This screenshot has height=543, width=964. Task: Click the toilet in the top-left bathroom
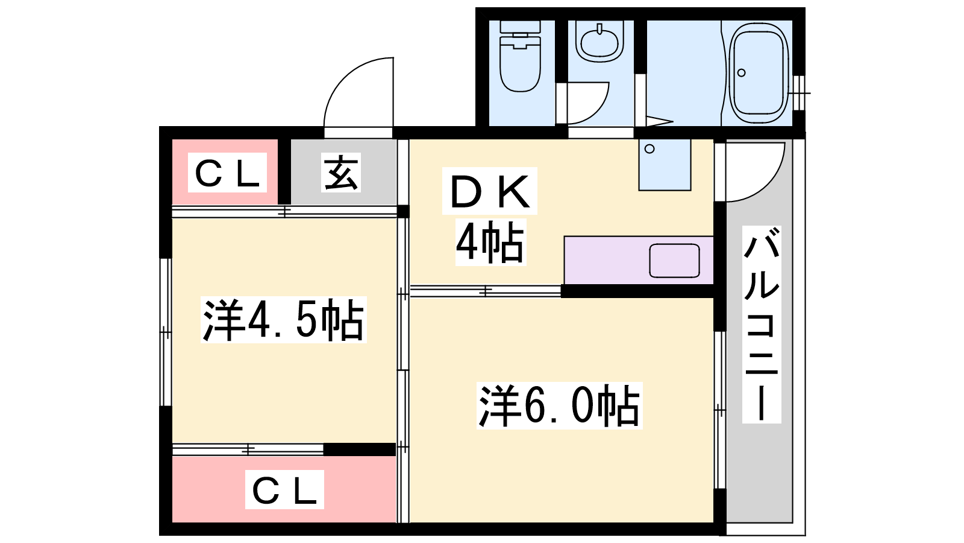point(520,56)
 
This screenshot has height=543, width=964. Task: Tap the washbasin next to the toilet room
point(599,42)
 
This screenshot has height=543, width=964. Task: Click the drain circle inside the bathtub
point(741,73)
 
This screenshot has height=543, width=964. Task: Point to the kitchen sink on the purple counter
point(674,261)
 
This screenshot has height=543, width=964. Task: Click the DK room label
point(490,191)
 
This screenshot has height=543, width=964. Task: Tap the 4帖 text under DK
point(490,242)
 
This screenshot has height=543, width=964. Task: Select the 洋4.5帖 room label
point(283,320)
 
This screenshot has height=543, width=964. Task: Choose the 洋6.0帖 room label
point(560,405)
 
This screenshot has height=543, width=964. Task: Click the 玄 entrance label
point(341,173)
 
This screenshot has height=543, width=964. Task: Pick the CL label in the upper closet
point(227,173)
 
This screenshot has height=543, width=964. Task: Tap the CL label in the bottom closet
point(284,489)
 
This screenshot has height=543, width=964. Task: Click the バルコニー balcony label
point(762,324)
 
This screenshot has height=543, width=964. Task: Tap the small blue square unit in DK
point(665,164)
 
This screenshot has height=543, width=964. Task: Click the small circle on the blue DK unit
point(650,149)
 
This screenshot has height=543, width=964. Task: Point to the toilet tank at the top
point(520,27)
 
